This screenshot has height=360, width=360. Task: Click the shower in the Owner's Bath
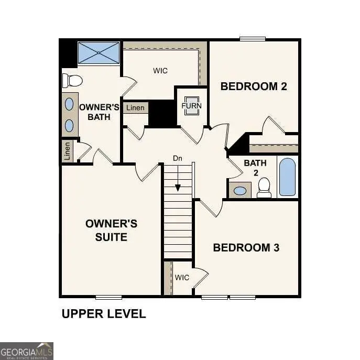[99, 53]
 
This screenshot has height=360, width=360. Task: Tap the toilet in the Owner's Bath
[72, 81]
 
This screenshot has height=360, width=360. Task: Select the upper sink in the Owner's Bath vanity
[69, 104]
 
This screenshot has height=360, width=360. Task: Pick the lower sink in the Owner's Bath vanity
[69, 125]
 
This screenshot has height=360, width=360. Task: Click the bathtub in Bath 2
[287, 177]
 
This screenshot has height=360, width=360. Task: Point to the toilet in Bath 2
[264, 188]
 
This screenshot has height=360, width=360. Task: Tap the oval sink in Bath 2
[240, 191]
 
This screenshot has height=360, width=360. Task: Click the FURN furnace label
[191, 105]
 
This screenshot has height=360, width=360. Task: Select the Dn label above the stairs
[178, 158]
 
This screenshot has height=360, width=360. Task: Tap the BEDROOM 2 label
[254, 86]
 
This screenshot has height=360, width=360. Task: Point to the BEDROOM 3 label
[246, 247]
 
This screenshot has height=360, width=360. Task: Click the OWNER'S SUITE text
[111, 231]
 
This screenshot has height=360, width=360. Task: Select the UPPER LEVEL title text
[104, 314]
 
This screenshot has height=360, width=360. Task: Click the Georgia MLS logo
[27, 351]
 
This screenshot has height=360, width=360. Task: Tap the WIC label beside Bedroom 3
[182, 278]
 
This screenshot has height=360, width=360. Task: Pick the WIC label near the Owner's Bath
[160, 71]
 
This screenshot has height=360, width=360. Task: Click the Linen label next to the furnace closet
[135, 108]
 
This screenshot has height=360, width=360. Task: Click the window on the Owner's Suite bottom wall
[108, 297]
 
